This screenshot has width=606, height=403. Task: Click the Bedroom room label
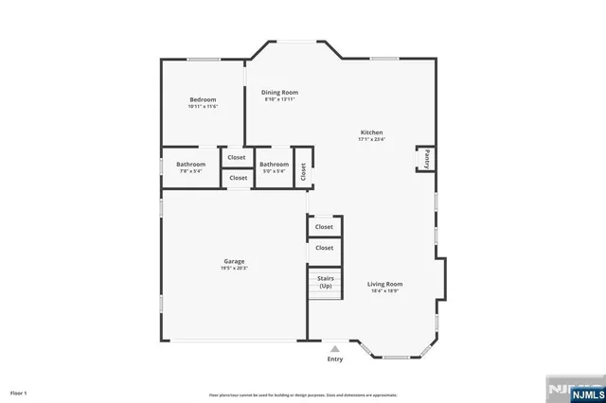point(203,99)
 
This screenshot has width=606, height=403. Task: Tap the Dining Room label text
point(279,92)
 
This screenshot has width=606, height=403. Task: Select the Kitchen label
point(371,131)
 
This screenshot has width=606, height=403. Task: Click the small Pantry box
point(426,159)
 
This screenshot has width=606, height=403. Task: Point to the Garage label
point(234,261)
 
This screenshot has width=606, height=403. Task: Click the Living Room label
point(385,284)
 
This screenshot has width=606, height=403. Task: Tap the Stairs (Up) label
point(325,282)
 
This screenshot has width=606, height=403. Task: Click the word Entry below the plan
point(335,359)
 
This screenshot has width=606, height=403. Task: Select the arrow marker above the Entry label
point(335,349)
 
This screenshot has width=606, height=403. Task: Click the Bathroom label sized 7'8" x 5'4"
point(190,164)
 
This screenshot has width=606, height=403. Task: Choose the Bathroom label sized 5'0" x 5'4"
point(274,164)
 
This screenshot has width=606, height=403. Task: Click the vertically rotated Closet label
point(303,171)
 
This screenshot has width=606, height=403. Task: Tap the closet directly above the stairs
point(324,248)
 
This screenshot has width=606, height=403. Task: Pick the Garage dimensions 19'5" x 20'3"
point(234,269)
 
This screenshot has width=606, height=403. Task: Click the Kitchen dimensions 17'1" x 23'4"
point(371,139)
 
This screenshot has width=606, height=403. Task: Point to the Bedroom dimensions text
point(203,107)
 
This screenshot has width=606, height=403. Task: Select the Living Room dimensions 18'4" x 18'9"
point(385,291)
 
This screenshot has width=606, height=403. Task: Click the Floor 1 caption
point(19,392)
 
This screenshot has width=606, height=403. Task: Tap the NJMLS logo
point(572,390)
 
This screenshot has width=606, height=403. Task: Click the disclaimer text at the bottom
point(303,394)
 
